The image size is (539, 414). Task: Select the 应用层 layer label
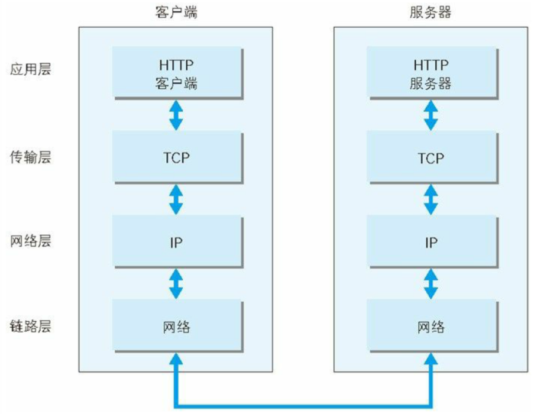31,69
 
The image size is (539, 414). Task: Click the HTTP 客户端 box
176,73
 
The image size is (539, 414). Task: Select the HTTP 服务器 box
431,73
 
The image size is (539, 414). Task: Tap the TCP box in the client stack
176,157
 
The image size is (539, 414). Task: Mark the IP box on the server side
431,243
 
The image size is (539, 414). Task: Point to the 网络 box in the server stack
431,327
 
